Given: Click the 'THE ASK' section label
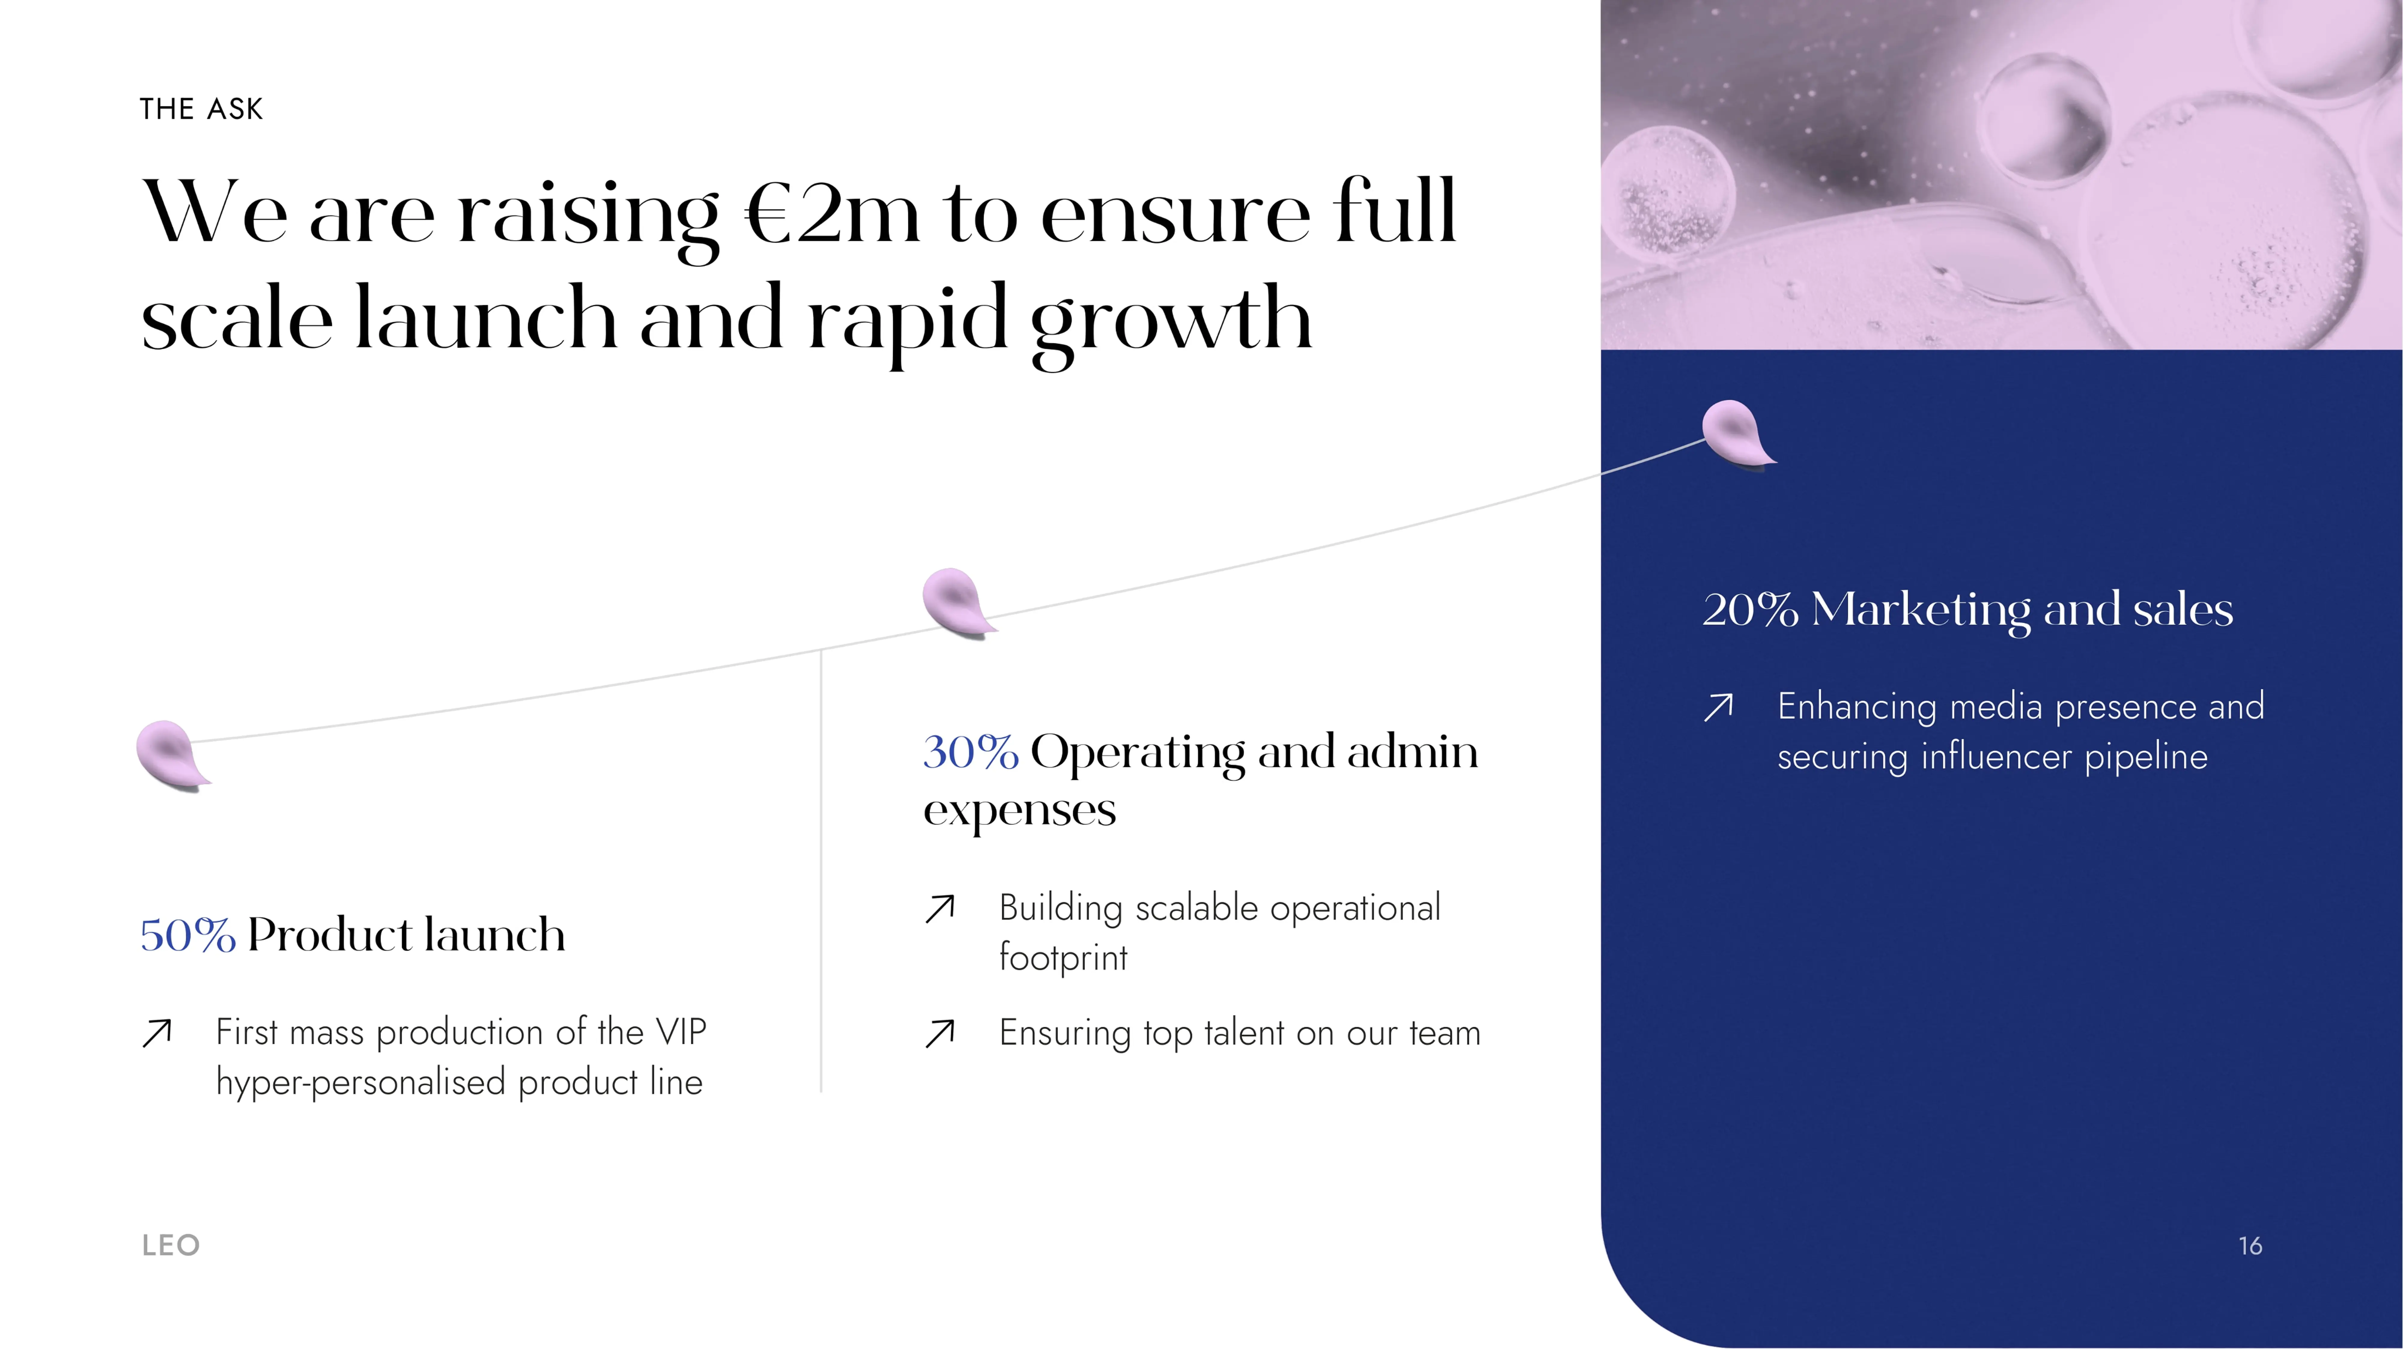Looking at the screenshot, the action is pos(202,109).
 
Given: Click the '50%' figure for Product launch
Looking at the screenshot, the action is pos(187,935).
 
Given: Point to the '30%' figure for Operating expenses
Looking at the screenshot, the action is pos(970,752).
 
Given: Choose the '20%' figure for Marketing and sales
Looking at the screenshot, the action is pos(1750,610).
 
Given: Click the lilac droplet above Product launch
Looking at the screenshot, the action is pos(172,756).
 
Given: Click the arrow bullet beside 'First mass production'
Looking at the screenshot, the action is pos(157,1033).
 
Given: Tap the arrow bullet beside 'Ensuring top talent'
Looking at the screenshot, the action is pos(939,1034).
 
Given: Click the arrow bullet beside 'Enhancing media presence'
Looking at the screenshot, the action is pos(1718,707).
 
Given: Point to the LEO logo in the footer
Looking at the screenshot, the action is pos(171,1245).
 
